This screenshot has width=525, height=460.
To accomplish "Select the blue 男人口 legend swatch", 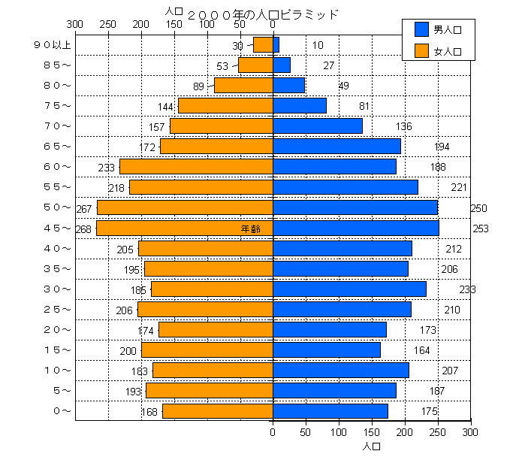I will point(421,29).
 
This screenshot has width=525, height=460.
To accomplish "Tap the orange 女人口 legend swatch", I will point(421,51).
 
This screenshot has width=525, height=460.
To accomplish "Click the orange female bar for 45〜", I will point(184,228).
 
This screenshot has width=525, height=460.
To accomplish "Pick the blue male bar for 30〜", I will point(349,289).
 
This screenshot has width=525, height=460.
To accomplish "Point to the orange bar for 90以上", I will point(263,45).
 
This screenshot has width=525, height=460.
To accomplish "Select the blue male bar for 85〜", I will point(282,65).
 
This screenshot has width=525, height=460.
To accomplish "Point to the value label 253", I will point(481,228).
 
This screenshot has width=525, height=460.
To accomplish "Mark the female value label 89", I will point(198,86).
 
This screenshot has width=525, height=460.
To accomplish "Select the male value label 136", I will point(404,126).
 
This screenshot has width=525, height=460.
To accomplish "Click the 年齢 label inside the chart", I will point(251,228).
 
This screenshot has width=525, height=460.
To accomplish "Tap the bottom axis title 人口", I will point(372,446).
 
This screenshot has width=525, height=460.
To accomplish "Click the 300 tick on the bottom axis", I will point(470,432).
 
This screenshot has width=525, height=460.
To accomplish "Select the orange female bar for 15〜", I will point(207,350).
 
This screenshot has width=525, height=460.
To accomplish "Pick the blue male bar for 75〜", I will point(300,105).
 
